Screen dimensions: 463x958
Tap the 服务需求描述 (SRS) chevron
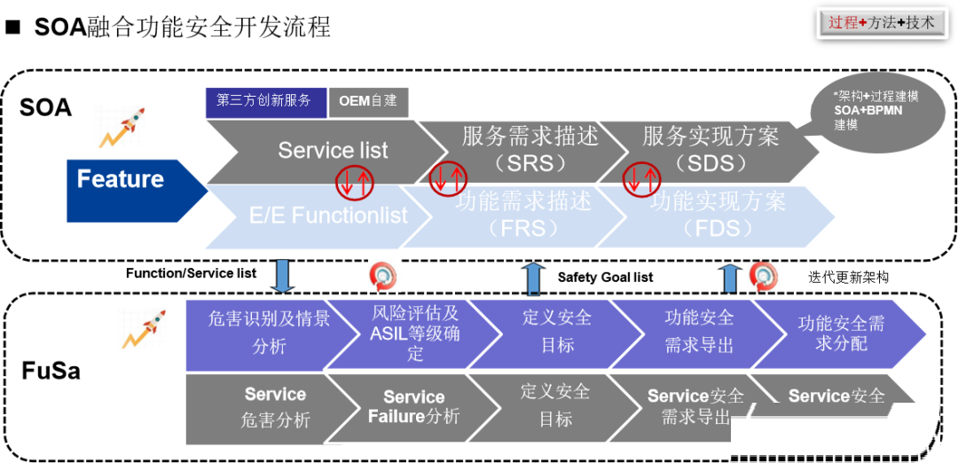[523, 149]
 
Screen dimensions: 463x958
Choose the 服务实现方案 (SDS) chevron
[710, 149]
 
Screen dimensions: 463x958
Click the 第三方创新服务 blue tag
[264, 101]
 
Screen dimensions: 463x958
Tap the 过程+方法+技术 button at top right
[882, 23]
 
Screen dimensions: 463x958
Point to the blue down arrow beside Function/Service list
[283, 276]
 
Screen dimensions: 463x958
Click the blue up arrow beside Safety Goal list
[534, 278]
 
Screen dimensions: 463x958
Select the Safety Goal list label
[605, 278]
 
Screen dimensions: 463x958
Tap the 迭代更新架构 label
[848, 277]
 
